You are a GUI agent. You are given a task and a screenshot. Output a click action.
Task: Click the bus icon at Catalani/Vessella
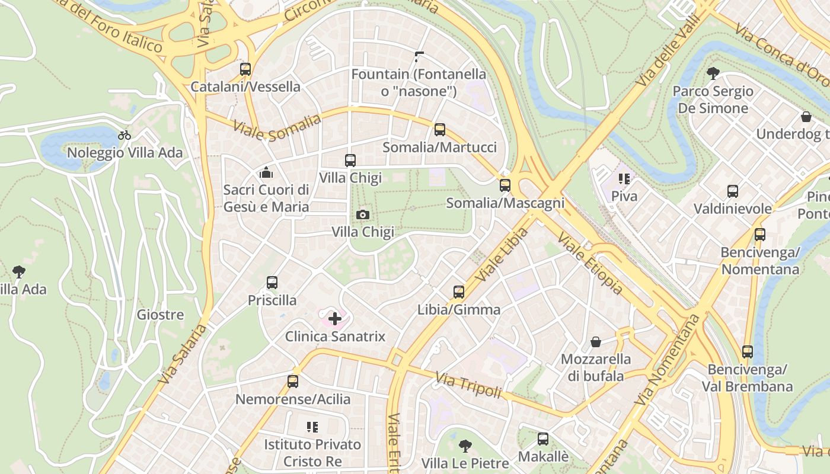point(245,69)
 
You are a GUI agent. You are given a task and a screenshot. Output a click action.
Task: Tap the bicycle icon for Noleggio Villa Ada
point(124,135)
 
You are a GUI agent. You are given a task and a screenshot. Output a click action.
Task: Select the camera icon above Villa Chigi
point(363,214)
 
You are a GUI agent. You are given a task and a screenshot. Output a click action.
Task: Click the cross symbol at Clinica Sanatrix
point(335,319)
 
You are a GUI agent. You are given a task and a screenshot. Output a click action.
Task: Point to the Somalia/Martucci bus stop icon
point(439,130)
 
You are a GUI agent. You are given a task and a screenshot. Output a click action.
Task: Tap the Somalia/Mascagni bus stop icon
point(505,185)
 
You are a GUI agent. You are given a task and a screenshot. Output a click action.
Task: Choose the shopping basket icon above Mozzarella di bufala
point(596,342)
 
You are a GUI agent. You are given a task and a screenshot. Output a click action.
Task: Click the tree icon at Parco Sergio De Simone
point(713,73)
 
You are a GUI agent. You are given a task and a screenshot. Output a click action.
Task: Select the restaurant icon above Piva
point(624,178)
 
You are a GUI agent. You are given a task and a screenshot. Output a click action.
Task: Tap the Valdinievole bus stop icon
point(733,191)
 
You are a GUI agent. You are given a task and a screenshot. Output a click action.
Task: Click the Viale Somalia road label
point(277,128)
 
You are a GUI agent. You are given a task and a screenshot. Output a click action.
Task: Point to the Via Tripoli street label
point(468,385)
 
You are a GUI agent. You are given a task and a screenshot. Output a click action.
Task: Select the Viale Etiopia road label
point(590,264)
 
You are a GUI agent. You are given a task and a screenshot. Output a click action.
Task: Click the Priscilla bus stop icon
point(272,283)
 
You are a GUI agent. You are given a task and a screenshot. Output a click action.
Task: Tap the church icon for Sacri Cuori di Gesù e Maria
point(266,172)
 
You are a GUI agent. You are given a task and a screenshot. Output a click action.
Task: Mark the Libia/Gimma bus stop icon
point(458,292)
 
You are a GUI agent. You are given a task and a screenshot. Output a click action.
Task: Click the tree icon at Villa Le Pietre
point(465,446)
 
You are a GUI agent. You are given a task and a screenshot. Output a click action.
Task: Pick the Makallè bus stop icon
point(543,439)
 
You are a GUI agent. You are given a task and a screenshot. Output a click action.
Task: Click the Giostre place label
point(160,315)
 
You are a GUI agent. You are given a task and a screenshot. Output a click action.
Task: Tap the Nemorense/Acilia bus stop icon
point(293,382)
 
